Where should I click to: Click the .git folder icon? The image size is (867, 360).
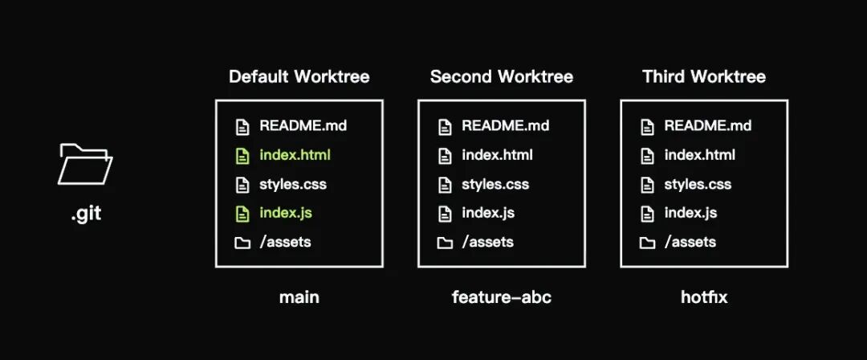point(85,164)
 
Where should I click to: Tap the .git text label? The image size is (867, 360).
point(86,213)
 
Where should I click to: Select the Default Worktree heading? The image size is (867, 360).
point(299,76)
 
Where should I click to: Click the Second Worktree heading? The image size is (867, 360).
point(502,76)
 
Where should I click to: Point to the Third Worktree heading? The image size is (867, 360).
point(704,76)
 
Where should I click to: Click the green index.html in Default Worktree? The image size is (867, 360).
point(295,155)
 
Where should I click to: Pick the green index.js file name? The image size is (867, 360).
point(285,213)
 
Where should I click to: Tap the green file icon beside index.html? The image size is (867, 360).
point(242,156)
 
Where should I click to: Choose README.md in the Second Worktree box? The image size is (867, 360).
point(506,125)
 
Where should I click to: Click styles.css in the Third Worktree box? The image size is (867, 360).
point(698,184)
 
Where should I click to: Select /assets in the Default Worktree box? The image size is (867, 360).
point(285,242)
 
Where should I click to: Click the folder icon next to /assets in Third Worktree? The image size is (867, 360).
point(648,243)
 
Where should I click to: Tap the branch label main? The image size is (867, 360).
point(299,297)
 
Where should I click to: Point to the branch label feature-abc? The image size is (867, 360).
point(502,297)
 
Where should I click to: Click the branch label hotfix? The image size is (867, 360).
point(704,297)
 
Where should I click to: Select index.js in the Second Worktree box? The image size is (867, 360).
point(488,213)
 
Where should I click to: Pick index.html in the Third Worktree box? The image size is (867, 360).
point(699,155)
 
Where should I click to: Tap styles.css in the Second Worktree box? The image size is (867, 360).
point(495,184)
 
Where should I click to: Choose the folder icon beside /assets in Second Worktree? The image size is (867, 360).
point(445,243)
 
